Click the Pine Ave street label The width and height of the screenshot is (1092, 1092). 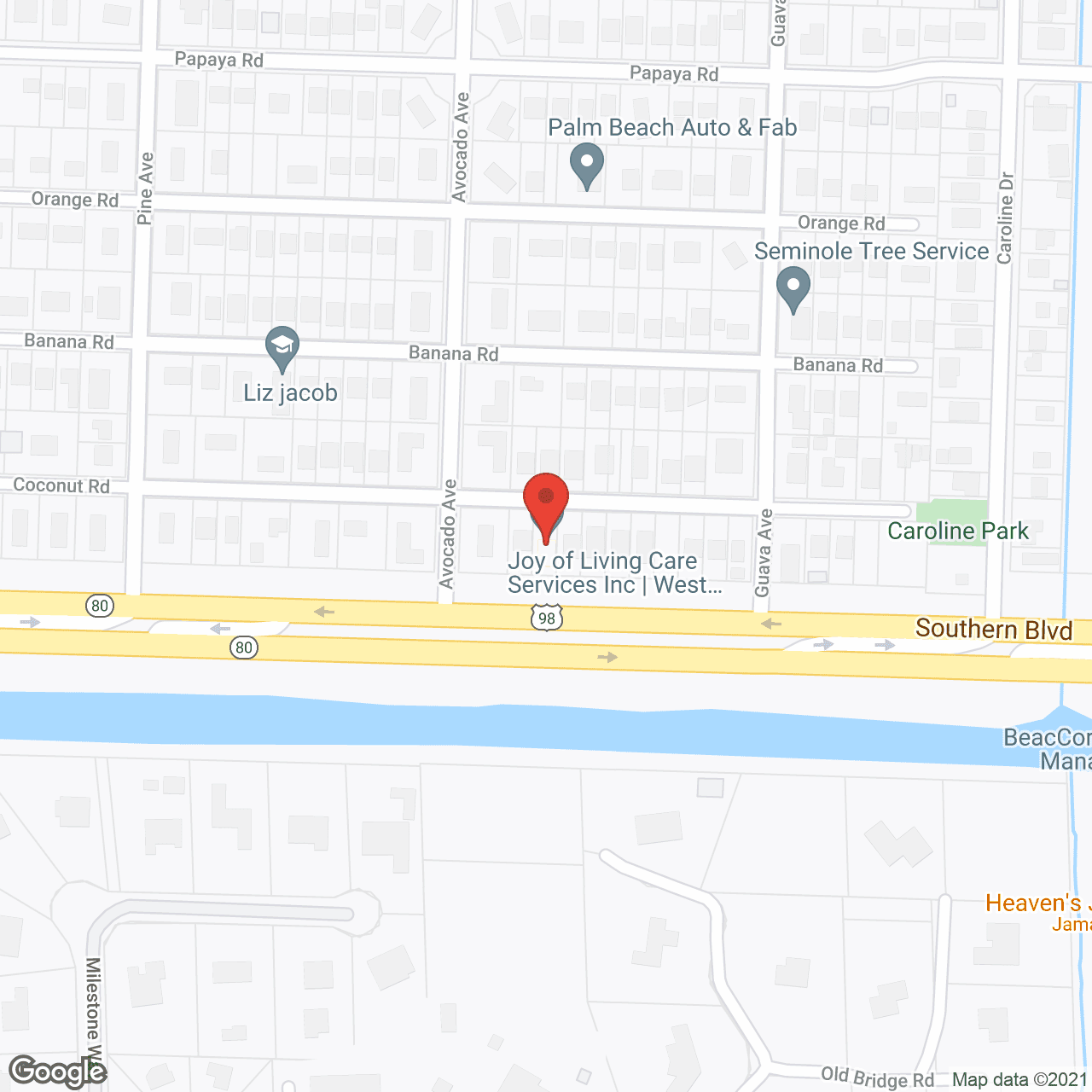[x=145, y=189]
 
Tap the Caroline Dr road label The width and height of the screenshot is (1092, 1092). [x=1006, y=218]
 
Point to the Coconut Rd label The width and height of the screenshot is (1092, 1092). [x=61, y=485]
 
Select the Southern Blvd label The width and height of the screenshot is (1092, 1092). [x=993, y=630]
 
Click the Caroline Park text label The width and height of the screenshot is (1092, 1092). [x=958, y=531]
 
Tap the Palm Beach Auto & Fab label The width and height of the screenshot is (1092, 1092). [x=672, y=128]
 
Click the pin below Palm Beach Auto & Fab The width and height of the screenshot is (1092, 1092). [x=586, y=166]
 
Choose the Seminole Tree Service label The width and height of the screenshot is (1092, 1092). [x=871, y=251]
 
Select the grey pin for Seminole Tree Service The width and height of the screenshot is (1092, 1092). [x=793, y=289]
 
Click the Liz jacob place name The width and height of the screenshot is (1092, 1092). [x=290, y=392]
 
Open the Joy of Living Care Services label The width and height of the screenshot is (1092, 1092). [x=613, y=572]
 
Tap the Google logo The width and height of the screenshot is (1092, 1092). [x=58, y=1072]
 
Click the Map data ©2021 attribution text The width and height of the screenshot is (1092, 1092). [x=1019, y=1080]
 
